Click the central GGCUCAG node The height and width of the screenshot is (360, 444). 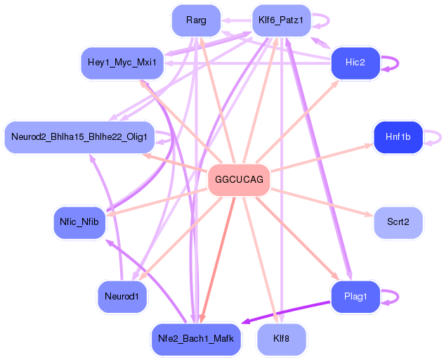coord(240,180)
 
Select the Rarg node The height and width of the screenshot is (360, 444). coord(197,20)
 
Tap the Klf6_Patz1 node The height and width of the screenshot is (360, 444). coord(281,20)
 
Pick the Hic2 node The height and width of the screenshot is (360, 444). coord(355,63)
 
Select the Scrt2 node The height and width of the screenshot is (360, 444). coord(398,221)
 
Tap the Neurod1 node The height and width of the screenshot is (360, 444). coord(122,296)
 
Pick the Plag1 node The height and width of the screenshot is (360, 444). coord(355,296)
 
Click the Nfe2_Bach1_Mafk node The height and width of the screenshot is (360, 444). coord(197,339)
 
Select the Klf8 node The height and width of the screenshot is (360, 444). coord(281,339)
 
